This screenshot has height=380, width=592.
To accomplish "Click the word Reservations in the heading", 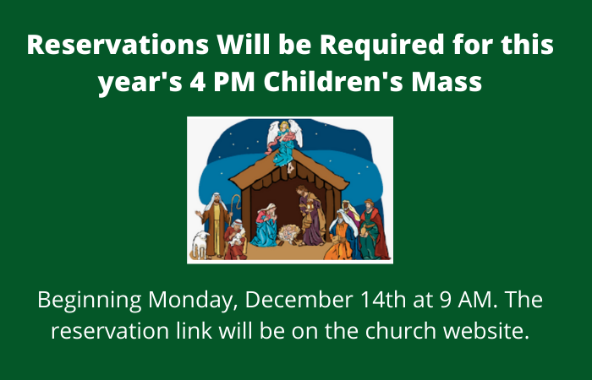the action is point(118,45).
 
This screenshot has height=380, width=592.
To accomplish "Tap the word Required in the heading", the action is point(382,46).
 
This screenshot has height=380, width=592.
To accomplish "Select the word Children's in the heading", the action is point(334,81).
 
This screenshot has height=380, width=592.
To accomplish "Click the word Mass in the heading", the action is point(447,81).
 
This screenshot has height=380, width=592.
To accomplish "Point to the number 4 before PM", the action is point(198,82).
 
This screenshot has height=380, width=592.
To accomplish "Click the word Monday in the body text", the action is point(193,301).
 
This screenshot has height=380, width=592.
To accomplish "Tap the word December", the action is point(299,299).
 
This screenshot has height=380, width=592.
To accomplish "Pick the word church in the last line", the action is point(401,331).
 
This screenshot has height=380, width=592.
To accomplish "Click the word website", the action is point(486,331).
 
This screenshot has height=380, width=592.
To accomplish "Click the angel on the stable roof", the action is point(284,144).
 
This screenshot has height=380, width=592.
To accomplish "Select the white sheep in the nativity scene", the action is point(200,243).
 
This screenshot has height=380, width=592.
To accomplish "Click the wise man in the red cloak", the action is point(373,230).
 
